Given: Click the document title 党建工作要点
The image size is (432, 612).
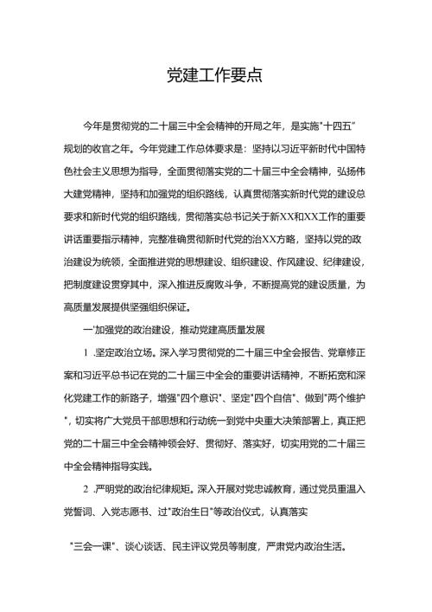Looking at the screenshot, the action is [x=215, y=75].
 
